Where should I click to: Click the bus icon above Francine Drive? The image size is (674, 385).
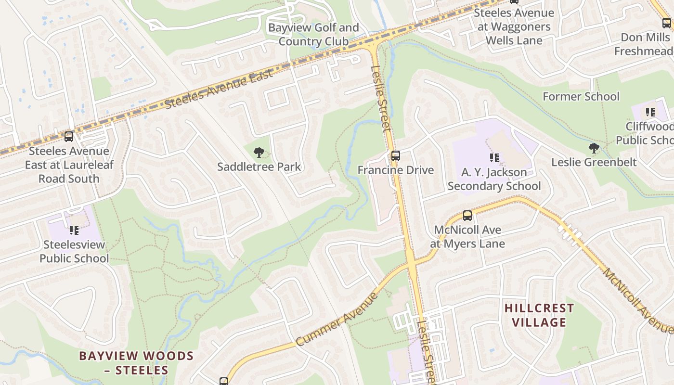[395, 156]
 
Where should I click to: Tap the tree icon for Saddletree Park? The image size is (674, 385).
[259, 153]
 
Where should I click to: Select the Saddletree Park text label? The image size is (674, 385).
[259, 167]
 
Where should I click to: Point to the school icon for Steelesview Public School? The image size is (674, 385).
[74, 231]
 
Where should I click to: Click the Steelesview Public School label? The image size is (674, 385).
[74, 252]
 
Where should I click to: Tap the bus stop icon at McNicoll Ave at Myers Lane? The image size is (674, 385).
[467, 216]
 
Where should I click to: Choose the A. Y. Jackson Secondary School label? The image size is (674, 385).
[494, 179]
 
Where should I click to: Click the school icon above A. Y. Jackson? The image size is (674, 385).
[494, 157]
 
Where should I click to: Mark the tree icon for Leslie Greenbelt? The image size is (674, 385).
[594, 148]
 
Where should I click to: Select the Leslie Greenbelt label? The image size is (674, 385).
[594, 162]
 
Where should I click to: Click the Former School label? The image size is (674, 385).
[581, 96]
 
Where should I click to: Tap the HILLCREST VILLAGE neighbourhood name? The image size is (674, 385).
[539, 315]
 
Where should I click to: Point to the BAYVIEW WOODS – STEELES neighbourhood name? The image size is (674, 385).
[136, 363]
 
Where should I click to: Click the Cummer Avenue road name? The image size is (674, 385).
[337, 319]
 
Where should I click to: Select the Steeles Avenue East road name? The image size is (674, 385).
[219, 89]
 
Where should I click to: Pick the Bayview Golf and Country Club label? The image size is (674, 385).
[313, 34]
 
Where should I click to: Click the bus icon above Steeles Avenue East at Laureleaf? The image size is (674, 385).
[69, 137]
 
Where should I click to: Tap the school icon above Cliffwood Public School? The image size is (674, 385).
[650, 113]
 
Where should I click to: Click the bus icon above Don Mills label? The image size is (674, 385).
[666, 23]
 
